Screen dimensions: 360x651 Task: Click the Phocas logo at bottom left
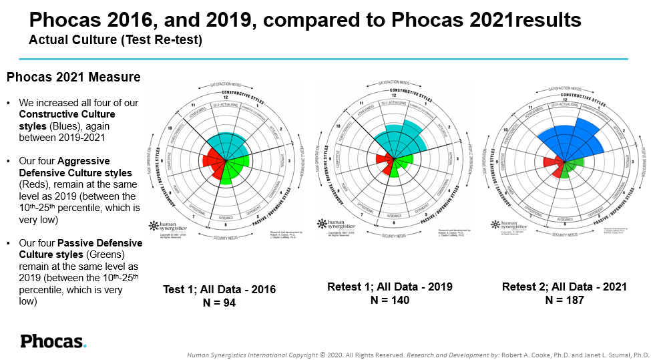pos(53,341)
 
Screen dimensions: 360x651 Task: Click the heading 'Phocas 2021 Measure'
pos(73,77)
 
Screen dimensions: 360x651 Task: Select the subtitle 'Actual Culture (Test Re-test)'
pos(116,40)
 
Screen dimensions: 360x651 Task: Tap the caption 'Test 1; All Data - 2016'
pos(219,289)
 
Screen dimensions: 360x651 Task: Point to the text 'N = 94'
pos(219,303)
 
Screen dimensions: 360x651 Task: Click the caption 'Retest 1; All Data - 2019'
pos(390,287)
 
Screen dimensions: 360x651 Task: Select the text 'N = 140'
pos(390,300)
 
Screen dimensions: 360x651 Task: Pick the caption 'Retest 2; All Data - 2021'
pos(564,287)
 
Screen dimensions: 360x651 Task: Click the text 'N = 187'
pos(564,300)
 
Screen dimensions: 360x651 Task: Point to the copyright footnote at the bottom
pos(418,355)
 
